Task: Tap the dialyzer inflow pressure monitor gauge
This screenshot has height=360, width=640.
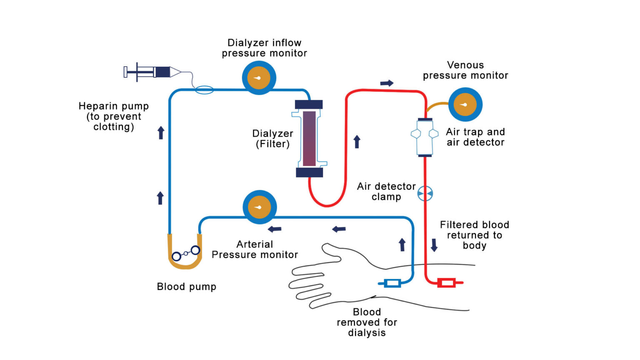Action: (259, 78)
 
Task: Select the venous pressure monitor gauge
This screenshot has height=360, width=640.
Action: (465, 105)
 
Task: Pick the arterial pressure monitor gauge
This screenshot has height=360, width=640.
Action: (260, 207)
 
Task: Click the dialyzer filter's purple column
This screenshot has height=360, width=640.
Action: (309, 138)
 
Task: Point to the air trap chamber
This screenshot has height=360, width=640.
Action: (425, 137)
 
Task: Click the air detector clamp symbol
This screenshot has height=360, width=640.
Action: (425, 193)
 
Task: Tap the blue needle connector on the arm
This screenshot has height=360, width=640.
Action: (392, 283)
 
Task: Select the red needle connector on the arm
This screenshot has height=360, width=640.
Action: (447, 283)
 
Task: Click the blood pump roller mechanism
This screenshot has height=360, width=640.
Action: (186, 253)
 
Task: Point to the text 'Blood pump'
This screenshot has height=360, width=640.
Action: (186, 287)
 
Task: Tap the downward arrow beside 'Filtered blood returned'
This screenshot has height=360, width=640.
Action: (434, 245)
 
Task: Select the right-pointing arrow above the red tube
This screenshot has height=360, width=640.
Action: (387, 83)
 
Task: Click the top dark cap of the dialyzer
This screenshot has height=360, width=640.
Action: (309, 105)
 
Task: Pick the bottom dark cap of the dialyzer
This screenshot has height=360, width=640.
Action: (309, 172)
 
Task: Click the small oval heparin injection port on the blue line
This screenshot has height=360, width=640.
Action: (204, 90)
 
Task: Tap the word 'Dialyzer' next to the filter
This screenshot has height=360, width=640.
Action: (272, 134)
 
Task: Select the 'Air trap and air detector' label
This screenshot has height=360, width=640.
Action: (475, 137)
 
